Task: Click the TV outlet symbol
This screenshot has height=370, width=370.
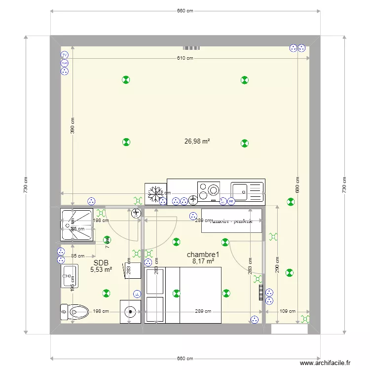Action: [64, 55]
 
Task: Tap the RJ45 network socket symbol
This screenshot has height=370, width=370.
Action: [64, 63]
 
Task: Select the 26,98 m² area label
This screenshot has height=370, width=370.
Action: [197, 141]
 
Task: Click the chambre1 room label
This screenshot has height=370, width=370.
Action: [203, 255]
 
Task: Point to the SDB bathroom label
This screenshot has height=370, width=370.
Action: [101, 263]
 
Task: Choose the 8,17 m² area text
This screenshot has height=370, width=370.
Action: [203, 261]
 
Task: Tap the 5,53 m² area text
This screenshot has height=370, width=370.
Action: [101, 270]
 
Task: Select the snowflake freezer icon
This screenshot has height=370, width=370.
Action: [155, 194]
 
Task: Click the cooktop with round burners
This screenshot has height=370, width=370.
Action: [209, 191]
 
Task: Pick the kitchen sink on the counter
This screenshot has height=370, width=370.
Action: [248, 192]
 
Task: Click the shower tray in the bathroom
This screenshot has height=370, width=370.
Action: [76, 225]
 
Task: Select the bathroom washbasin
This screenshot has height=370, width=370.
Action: [70, 276]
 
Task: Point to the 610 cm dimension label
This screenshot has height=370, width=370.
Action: [185, 58]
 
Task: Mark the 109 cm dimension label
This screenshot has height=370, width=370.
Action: [288, 311]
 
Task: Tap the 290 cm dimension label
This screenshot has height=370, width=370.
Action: [277, 266]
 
